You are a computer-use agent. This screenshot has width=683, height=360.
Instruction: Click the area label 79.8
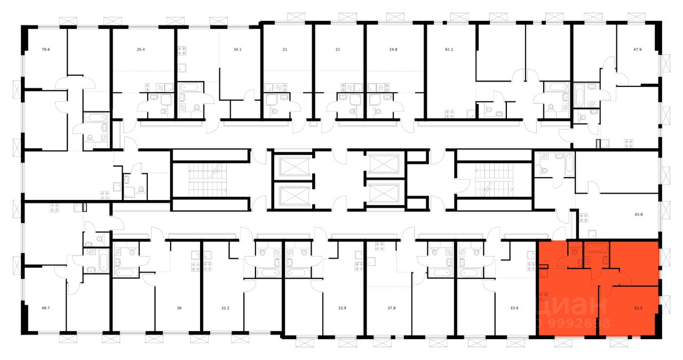pyautogui.click(x=45, y=50)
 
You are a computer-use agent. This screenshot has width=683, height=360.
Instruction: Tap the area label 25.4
pyautogui.click(x=140, y=50)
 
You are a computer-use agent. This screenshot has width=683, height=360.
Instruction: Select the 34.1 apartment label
pyautogui.click(x=237, y=50)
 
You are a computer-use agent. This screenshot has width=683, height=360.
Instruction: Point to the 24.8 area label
pyautogui.click(x=393, y=50)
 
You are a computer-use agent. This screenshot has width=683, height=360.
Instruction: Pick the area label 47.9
pyautogui.click(x=637, y=50)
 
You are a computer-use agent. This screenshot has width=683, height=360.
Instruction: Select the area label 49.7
pyautogui.click(x=45, y=308)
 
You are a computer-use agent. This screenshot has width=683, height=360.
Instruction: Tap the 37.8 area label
pyautogui.click(x=392, y=308)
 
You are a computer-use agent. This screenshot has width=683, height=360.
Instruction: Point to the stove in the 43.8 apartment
pyautogui.click(x=584, y=218)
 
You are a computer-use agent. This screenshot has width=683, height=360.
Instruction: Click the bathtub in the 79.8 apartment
pyautogui.click(x=97, y=118)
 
